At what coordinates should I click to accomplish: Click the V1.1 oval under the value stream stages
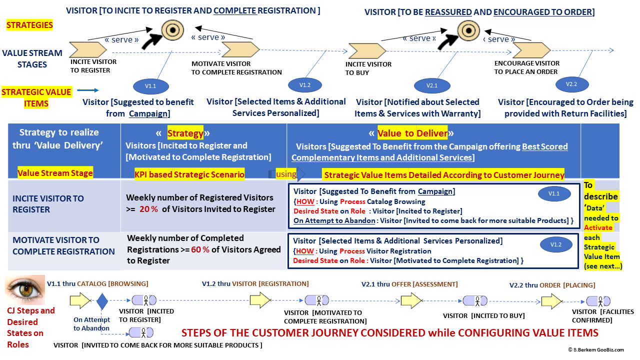[150, 86]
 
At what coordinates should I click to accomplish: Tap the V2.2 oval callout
[571, 84]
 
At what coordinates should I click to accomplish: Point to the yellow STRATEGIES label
[29, 25]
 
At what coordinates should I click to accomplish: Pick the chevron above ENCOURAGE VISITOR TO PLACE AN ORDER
[531, 50]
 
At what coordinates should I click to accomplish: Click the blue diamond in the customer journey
[102, 301]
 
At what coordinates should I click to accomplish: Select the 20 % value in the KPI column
[148, 209]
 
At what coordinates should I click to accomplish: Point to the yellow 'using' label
[286, 174]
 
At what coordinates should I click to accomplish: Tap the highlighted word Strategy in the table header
[185, 133]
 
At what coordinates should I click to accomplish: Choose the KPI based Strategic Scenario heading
[189, 174]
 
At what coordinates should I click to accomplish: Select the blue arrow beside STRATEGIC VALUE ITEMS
[88, 91]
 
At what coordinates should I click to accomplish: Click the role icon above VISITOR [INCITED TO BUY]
[474, 301]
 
